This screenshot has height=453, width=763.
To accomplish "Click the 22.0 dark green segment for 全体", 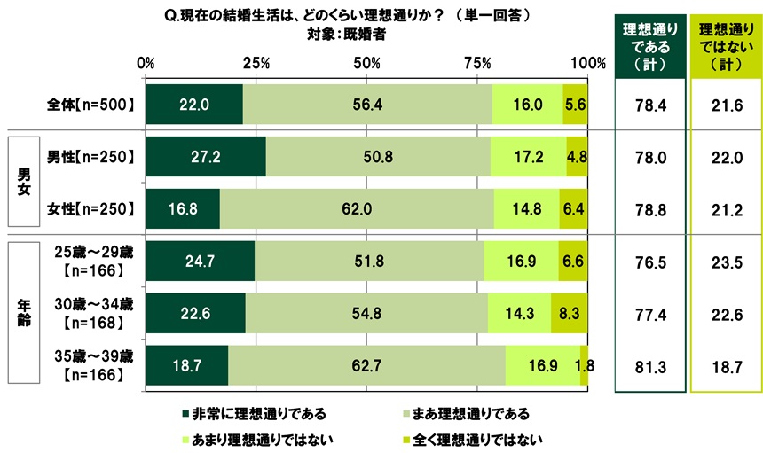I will click(193, 104).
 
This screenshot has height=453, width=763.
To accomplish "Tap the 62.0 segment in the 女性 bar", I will click(357, 209).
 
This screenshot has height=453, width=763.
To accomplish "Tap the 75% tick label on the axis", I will click(477, 64).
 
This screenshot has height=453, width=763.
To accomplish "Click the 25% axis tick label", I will click(256, 64).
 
